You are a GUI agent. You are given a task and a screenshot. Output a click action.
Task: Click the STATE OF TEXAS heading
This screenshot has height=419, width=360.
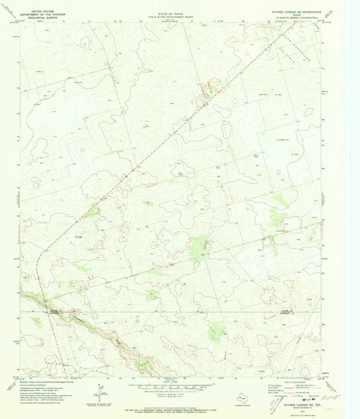tap(172, 4)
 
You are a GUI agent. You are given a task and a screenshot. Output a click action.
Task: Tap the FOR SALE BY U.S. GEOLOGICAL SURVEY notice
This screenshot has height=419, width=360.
tap(173, 406)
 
